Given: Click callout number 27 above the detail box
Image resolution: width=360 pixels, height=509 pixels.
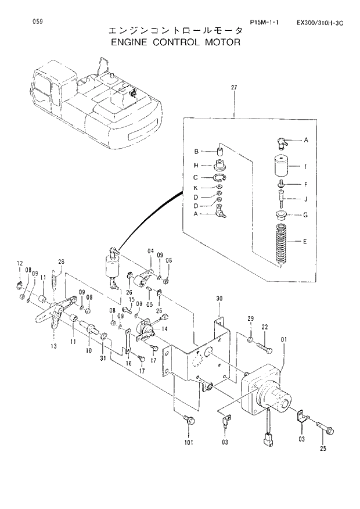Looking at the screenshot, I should click(x=235, y=88).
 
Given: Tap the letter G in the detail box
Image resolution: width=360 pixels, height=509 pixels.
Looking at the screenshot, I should click(x=305, y=215).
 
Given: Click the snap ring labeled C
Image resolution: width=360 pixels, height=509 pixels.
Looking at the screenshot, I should click(x=219, y=178).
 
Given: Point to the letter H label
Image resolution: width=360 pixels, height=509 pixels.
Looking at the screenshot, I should click(x=196, y=164).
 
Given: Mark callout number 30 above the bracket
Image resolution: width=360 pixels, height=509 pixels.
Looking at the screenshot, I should click(x=219, y=299).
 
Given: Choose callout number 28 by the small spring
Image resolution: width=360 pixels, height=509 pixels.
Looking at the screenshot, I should click(x=61, y=261).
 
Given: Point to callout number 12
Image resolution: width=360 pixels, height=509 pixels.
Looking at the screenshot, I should click(x=19, y=263).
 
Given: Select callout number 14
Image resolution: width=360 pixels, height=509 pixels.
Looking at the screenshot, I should click(x=165, y=329).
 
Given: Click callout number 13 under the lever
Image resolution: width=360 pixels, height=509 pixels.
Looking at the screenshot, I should click(x=53, y=346).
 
